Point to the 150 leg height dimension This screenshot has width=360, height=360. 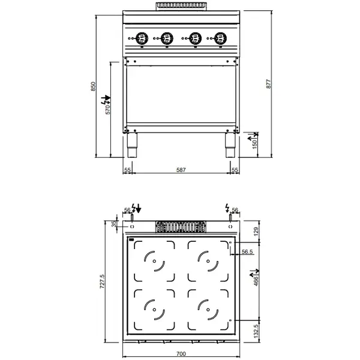pyautogui.click(x=254, y=144)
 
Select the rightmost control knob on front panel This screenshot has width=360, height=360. pyautogui.click(x=218, y=39)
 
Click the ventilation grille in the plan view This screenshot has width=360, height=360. pyautogui.click(x=181, y=227)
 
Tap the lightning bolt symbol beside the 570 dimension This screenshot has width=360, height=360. pyautogui.click(x=108, y=97)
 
